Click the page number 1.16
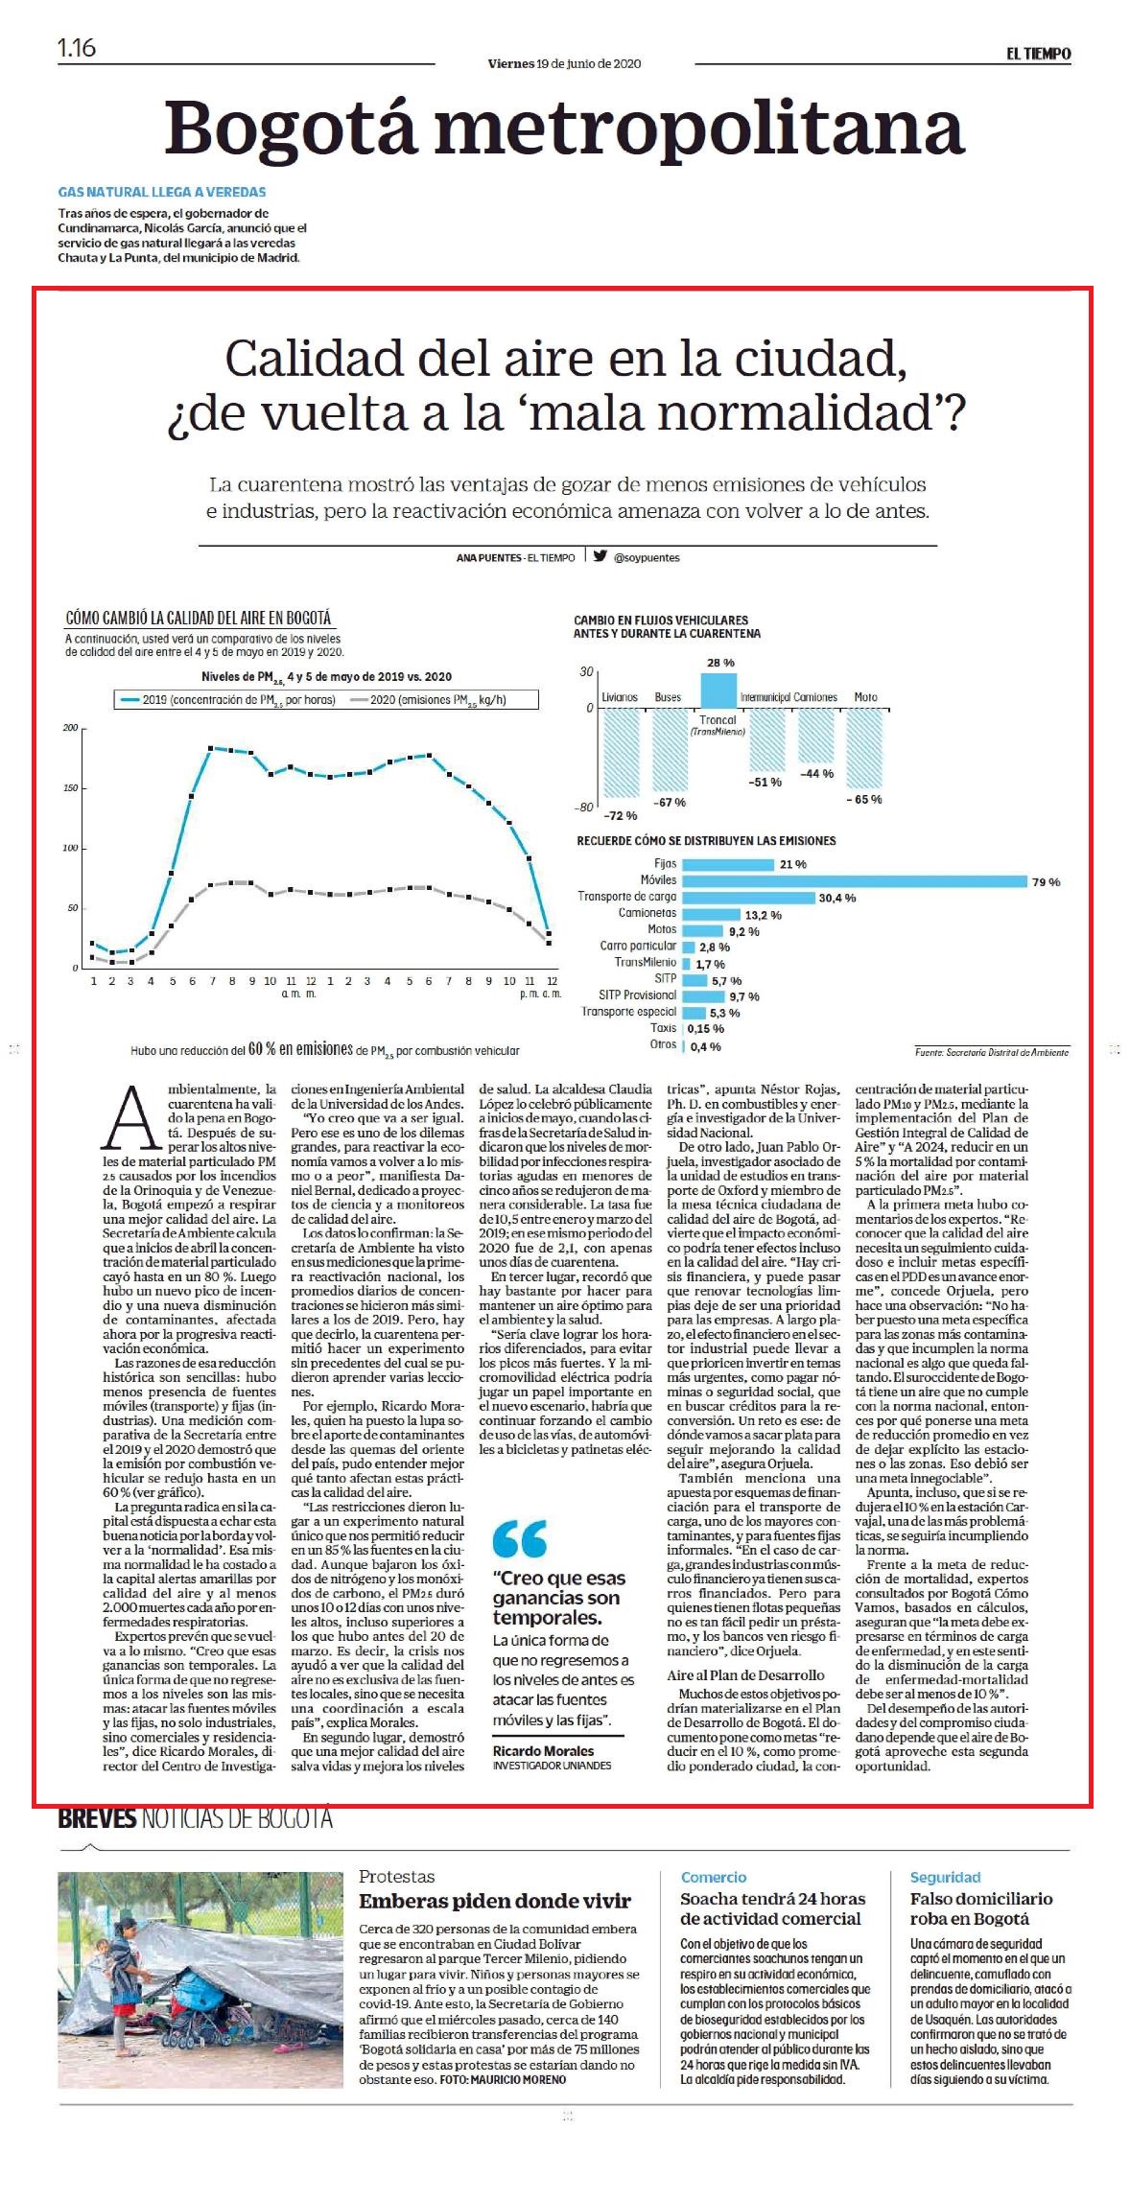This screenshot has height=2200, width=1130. click(77, 48)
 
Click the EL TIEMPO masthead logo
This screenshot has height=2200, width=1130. click(1038, 54)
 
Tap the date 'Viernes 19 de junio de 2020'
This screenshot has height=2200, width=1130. click(564, 63)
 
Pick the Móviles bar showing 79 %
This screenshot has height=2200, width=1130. click(854, 880)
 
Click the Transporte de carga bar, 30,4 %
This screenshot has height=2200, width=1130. click(747, 897)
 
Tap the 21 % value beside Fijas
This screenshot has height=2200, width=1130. click(793, 864)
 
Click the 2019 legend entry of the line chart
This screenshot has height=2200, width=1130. click(226, 699)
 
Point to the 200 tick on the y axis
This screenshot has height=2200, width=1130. click(70, 728)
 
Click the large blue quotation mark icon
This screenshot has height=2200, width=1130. click(519, 1539)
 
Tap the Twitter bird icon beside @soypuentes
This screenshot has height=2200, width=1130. click(600, 555)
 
